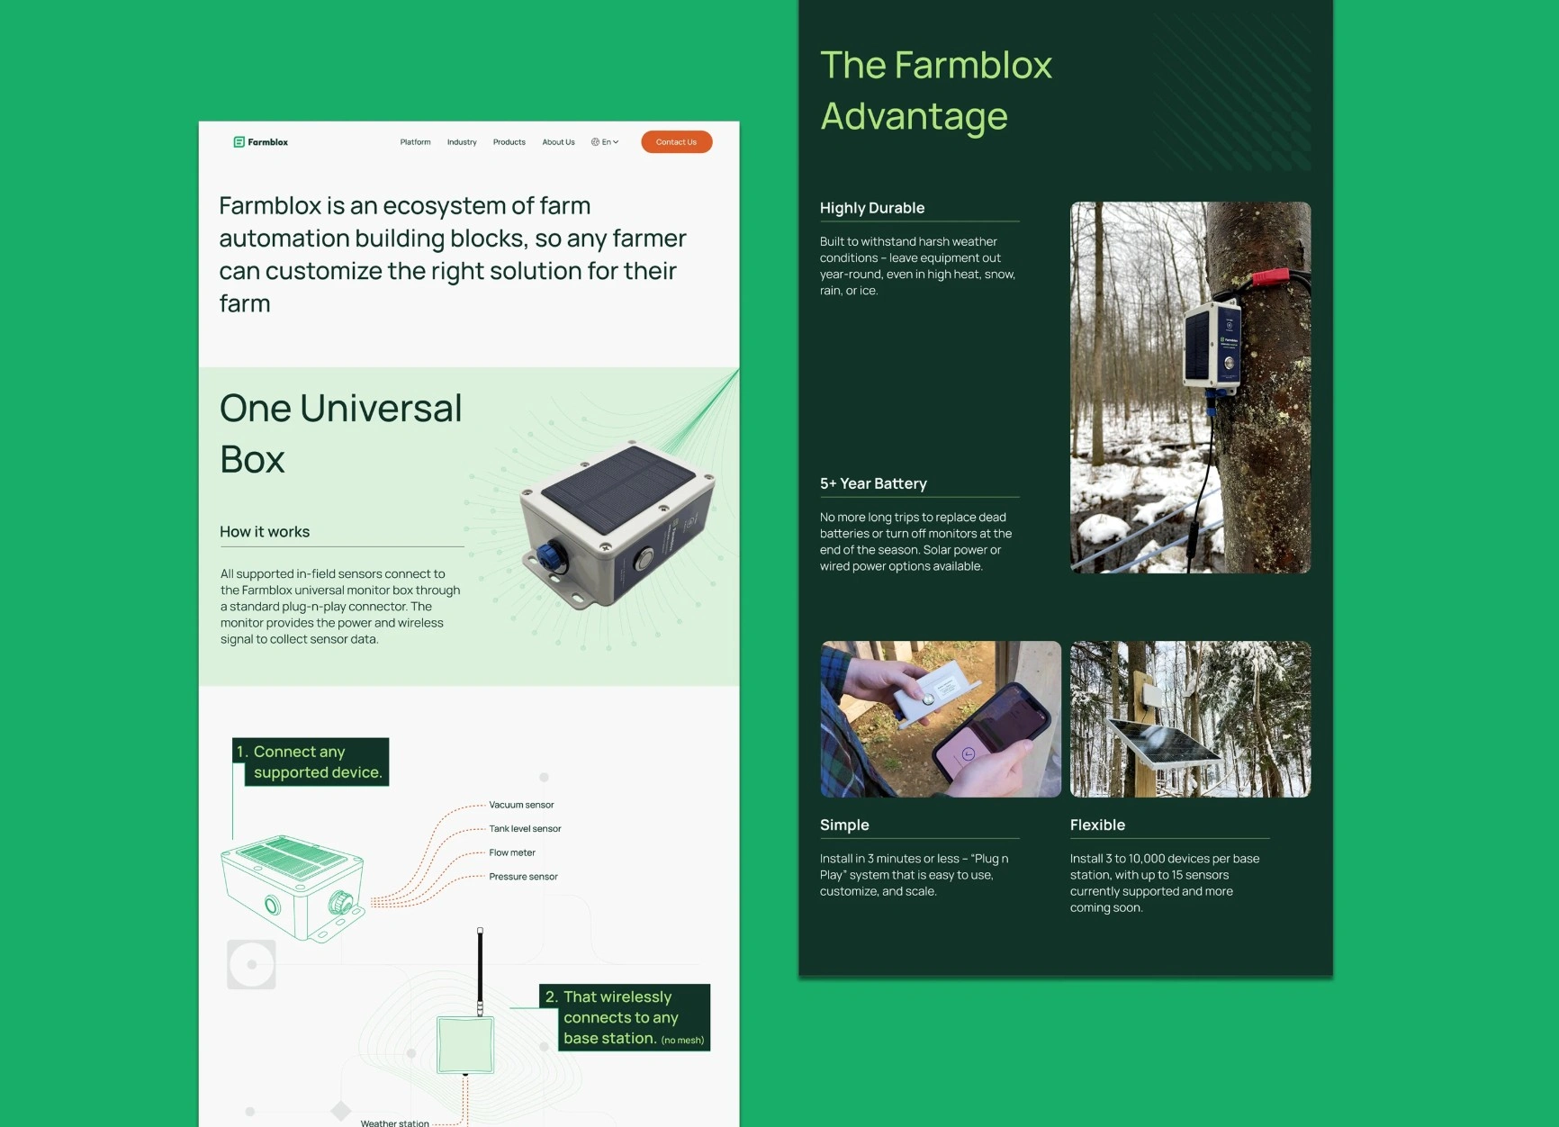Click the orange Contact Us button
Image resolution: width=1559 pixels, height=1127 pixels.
pos(676,142)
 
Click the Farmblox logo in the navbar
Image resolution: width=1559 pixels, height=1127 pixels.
pos(261,142)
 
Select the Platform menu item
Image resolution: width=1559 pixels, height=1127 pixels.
pos(415,142)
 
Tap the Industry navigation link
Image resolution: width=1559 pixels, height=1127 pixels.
pos(462,142)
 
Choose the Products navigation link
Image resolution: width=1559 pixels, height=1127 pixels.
pos(509,142)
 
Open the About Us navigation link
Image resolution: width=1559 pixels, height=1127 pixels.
pos(558,142)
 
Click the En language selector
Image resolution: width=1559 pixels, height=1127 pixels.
pos(605,142)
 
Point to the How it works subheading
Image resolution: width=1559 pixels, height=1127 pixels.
pos(265,532)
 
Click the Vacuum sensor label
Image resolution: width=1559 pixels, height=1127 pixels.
pos(521,805)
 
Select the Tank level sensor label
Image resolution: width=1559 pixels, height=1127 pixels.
pos(525,829)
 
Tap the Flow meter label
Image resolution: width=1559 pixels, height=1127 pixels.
pos(512,852)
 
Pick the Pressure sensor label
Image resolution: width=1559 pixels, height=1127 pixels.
pos(523,877)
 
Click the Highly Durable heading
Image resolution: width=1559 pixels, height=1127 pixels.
pos(872,208)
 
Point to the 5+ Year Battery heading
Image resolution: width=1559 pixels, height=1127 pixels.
pos(873,483)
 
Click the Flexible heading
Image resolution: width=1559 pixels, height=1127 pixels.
pos(1097,825)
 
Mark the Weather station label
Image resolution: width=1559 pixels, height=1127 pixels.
pos(394,1122)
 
